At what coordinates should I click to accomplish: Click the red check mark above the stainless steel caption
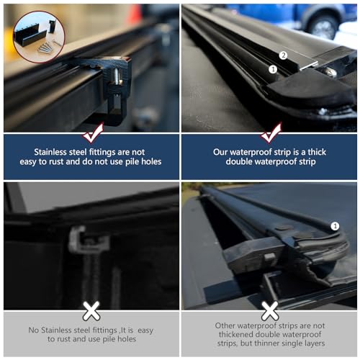point(91,134)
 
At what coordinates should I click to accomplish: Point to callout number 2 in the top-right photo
point(283,55)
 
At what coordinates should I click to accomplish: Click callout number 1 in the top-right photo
point(273,69)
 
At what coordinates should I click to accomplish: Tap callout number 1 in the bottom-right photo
point(334,226)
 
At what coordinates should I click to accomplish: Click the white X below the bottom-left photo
point(91,311)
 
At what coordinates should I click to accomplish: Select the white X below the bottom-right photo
point(270,311)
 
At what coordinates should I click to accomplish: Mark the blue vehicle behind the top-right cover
point(317,18)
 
